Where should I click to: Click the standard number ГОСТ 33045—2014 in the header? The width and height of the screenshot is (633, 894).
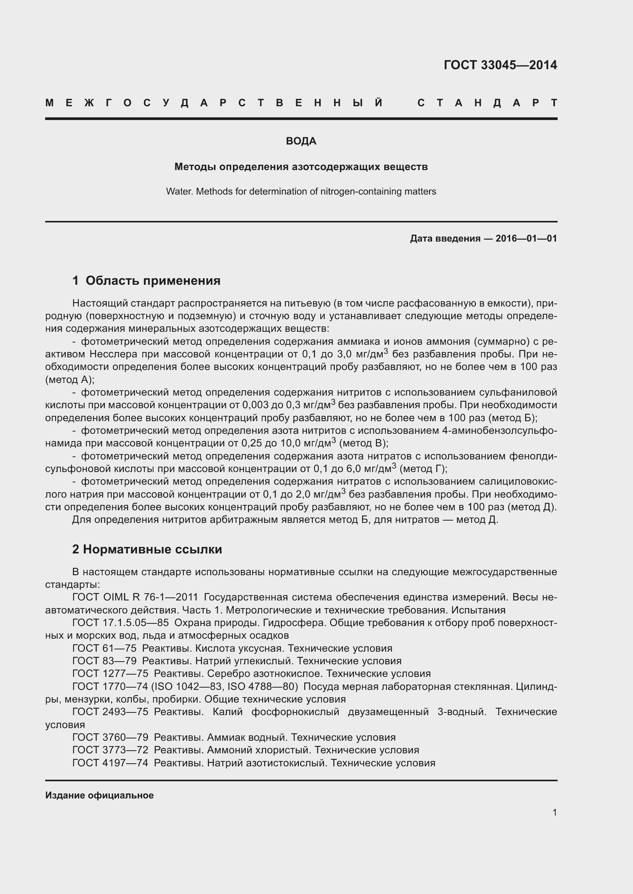pyautogui.click(x=500, y=65)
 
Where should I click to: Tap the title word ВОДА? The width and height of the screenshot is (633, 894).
pyautogui.click(x=301, y=141)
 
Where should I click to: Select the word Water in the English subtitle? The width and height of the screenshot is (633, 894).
pyautogui.click(x=179, y=191)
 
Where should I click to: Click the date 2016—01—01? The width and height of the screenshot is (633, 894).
pyautogui.click(x=526, y=238)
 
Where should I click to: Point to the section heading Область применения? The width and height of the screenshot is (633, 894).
pyautogui.click(x=153, y=281)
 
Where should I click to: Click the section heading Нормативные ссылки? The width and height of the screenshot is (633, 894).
pyautogui.click(x=152, y=549)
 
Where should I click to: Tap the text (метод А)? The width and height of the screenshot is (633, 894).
pyautogui.click(x=70, y=380)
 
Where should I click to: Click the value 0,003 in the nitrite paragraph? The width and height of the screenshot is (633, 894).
pyautogui.click(x=255, y=405)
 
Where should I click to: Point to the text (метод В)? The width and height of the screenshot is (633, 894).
pyautogui.click(x=364, y=443)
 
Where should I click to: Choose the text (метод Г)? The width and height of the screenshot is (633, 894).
pyautogui.click(x=423, y=469)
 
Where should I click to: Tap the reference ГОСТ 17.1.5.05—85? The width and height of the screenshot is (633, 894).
pyautogui.click(x=121, y=623)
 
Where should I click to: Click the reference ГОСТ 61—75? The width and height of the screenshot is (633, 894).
pyautogui.click(x=104, y=648)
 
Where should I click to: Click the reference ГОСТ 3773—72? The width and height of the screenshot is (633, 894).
pyautogui.click(x=110, y=750)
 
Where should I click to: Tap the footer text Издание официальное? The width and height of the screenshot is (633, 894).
pyautogui.click(x=100, y=795)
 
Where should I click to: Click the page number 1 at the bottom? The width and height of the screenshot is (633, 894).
pyautogui.click(x=554, y=813)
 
